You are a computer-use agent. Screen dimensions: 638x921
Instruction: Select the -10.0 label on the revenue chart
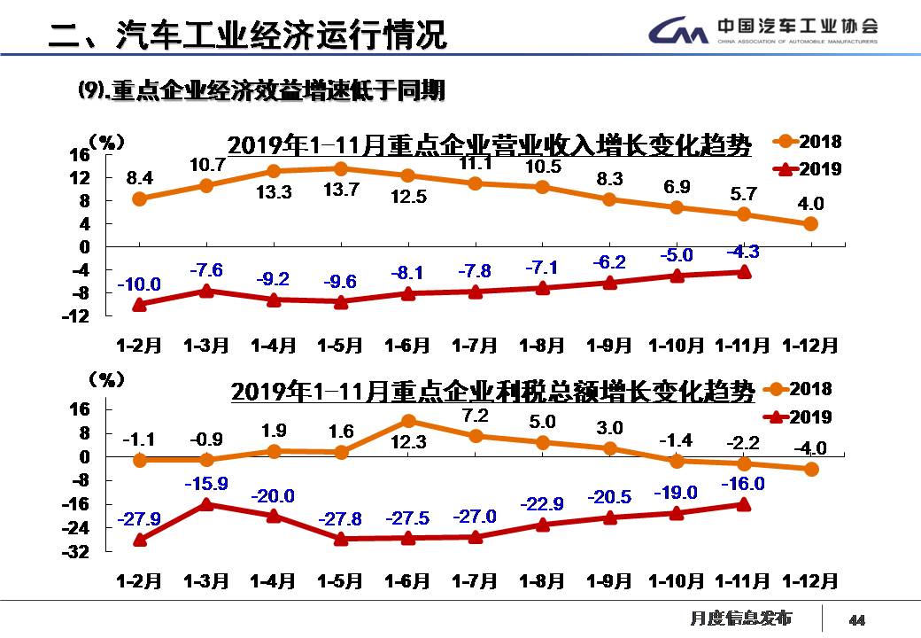coord(140,284)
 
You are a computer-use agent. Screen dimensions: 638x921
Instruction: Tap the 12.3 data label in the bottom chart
coord(408,441)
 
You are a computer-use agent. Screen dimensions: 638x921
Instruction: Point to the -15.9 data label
coord(206,484)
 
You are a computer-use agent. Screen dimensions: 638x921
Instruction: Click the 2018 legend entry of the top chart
coord(808,142)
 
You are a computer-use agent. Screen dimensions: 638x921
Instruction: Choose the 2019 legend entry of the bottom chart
coord(799,416)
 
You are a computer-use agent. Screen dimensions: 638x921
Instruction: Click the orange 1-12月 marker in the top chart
coord(810,224)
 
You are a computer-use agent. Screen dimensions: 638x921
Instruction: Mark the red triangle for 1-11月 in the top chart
coord(744,272)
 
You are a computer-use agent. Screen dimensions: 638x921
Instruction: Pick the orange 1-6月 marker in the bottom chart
coord(408,421)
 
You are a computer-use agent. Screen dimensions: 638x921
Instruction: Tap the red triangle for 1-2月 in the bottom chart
coord(140,539)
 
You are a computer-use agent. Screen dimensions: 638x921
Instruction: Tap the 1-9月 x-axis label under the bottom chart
coord(609,581)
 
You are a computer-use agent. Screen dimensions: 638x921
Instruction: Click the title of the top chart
coord(490,144)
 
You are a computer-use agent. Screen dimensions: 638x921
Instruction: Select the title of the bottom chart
coord(493,391)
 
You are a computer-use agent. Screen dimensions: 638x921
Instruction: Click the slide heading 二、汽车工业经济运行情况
coord(247,35)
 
